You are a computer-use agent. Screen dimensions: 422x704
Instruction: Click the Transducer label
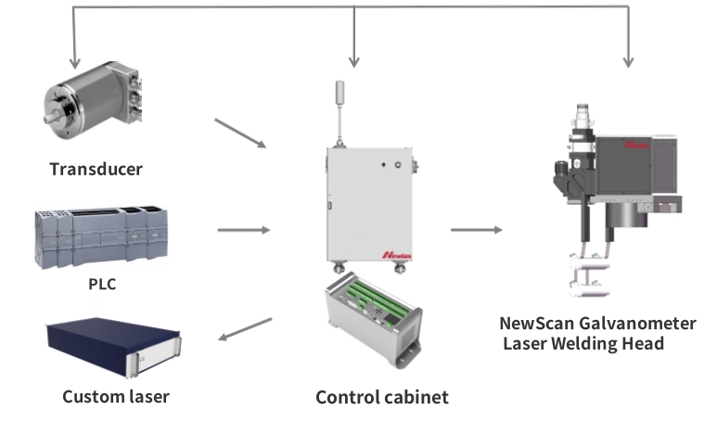[x=96, y=169]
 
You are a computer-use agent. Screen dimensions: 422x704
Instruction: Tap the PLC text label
[x=102, y=283]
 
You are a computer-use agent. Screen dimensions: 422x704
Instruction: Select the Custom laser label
[x=116, y=397]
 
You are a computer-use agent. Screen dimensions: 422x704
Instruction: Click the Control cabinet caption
[x=382, y=397]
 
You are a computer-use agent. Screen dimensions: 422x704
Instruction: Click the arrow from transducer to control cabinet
[x=239, y=133]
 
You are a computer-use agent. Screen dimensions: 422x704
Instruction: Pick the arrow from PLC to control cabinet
[x=243, y=229]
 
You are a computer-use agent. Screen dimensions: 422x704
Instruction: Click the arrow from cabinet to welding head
[x=477, y=229]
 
